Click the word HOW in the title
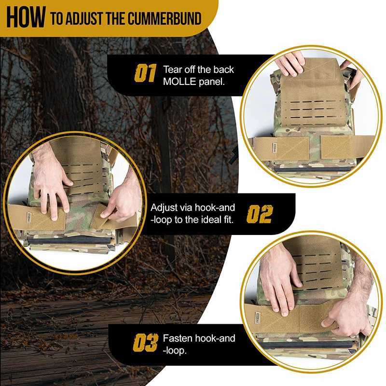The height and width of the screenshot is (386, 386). click(x=26, y=17)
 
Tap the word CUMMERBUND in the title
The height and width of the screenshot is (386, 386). click(x=165, y=18)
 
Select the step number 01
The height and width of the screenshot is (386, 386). click(x=145, y=73)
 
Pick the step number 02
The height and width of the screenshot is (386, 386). click(x=260, y=214)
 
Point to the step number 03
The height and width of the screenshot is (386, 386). click(x=146, y=343)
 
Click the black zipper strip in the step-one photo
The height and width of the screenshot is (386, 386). click(x=313, y=169)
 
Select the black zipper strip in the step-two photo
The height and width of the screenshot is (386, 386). click(x=69, y=240)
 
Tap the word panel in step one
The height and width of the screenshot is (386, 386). click(x=212, y=82)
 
